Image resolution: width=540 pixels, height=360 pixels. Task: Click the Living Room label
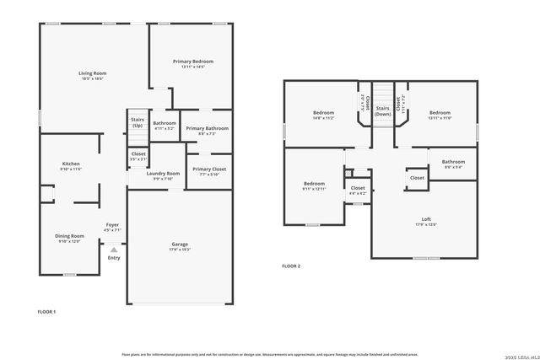point(92,73)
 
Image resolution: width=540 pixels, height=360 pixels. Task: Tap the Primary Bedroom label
point(193,62)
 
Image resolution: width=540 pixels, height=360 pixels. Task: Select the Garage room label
point(180,244)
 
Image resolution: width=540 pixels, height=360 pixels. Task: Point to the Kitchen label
point(71,164)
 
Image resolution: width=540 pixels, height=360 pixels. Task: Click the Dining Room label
point(71,236)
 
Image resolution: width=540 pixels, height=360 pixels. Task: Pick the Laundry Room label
point(163,174)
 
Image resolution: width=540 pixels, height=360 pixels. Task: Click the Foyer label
point(112,225)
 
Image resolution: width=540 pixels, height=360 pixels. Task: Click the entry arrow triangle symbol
point(114,250)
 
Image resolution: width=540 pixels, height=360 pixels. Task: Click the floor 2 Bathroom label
point(453,161)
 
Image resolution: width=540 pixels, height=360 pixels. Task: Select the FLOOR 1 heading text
point(46,312)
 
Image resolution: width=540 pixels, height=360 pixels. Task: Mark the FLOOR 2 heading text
point(291,266)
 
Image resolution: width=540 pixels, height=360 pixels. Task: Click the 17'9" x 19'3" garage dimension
point(180,250)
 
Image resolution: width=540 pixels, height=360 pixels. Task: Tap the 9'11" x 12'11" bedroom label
point(314,188)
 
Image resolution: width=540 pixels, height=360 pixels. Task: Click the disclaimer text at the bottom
point(269,354)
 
